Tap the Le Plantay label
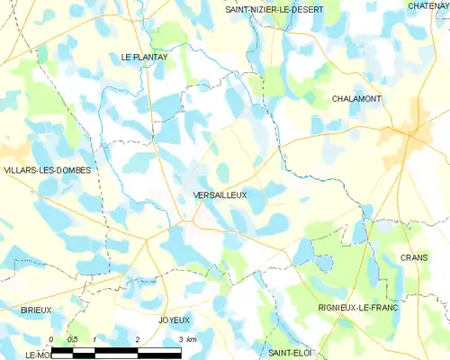145,57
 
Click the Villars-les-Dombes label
46,169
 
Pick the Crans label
414,257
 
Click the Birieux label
37,310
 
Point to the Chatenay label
427,6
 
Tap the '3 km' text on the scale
186,338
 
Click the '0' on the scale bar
51,338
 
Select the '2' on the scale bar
136,338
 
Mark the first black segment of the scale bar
62,348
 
